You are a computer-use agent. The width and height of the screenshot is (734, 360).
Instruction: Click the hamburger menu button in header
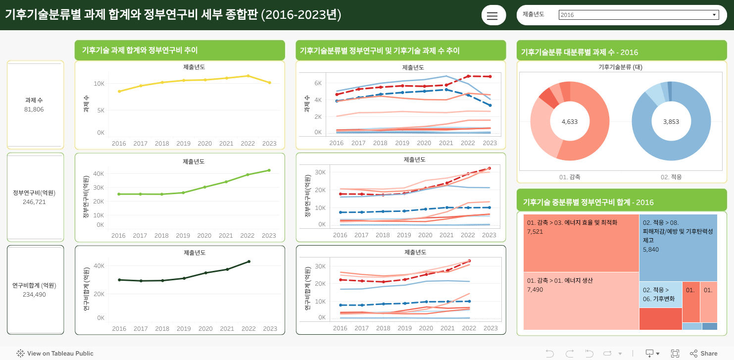[492, 15]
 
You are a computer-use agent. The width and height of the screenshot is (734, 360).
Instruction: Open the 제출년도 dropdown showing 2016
[638, 15]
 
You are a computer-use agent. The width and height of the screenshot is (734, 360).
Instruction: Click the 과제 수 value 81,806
[34, 109]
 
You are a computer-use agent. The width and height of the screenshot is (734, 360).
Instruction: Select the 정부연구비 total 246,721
[34, 202]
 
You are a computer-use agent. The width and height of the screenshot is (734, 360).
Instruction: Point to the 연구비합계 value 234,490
[34, 295]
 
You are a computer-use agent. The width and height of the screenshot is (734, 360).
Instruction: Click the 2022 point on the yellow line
[248, 76]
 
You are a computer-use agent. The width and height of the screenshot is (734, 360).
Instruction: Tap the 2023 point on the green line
[269, 170]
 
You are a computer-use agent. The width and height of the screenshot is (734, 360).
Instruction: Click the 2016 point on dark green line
[119, 280]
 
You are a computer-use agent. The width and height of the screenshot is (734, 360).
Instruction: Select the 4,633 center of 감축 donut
[569, 121]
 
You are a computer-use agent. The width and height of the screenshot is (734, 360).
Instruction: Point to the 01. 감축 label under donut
[569, 177]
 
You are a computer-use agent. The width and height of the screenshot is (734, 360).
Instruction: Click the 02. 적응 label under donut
[671, 177]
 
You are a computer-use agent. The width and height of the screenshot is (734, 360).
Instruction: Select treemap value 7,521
[536, 231]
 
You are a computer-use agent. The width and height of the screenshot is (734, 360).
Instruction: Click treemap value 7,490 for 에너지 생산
[536, 290]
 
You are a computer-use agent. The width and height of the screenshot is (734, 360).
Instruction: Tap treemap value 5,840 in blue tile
[651, 250]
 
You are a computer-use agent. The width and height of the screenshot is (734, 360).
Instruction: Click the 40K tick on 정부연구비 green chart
[98, 174]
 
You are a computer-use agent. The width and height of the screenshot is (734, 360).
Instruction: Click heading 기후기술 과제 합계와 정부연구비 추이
[140, 51]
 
